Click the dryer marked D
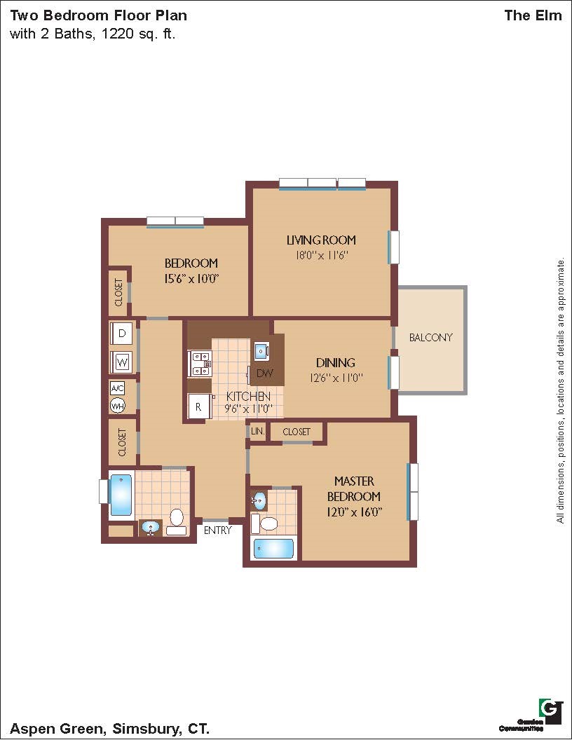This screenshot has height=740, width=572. [122, 333]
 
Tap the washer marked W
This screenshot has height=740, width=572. [122, 362]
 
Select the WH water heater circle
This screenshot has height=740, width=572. [118, 406]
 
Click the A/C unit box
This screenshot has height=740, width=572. [118, 388]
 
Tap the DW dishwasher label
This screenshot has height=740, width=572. [265, 374]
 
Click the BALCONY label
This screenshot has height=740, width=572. [430, 338]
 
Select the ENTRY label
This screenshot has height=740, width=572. [217, 530]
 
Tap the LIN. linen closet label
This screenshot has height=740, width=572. [258, 431]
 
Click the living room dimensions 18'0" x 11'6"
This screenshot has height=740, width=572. [321, 255]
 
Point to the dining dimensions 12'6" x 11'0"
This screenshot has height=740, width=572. [336, 378]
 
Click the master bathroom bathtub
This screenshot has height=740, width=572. [273, 549]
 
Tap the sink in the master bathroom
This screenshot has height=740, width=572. [259, 500]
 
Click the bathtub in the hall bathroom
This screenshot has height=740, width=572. [121, 495]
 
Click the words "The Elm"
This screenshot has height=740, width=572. [533, 15]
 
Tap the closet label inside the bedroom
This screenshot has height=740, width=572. [118, 292]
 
